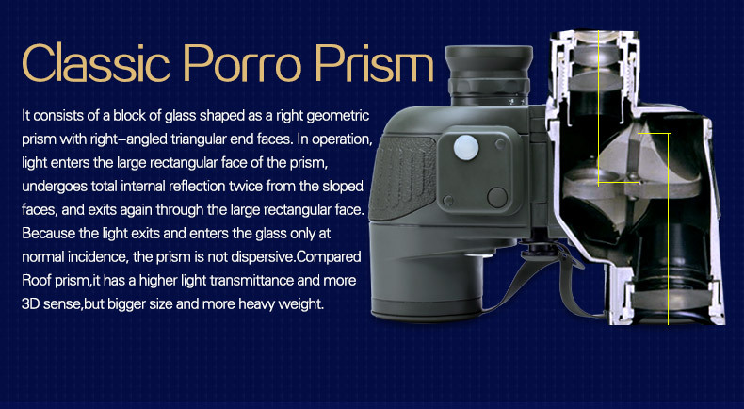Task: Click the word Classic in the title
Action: tap(95, 63)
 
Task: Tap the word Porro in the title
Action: tap(242, 63)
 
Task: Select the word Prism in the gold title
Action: tap(374, 63)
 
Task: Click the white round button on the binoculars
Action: tap(466, 147)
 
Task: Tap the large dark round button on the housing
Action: tap(497, 197)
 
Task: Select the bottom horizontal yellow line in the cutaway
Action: tap(618, 183)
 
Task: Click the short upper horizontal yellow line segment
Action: tap(655, 134)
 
